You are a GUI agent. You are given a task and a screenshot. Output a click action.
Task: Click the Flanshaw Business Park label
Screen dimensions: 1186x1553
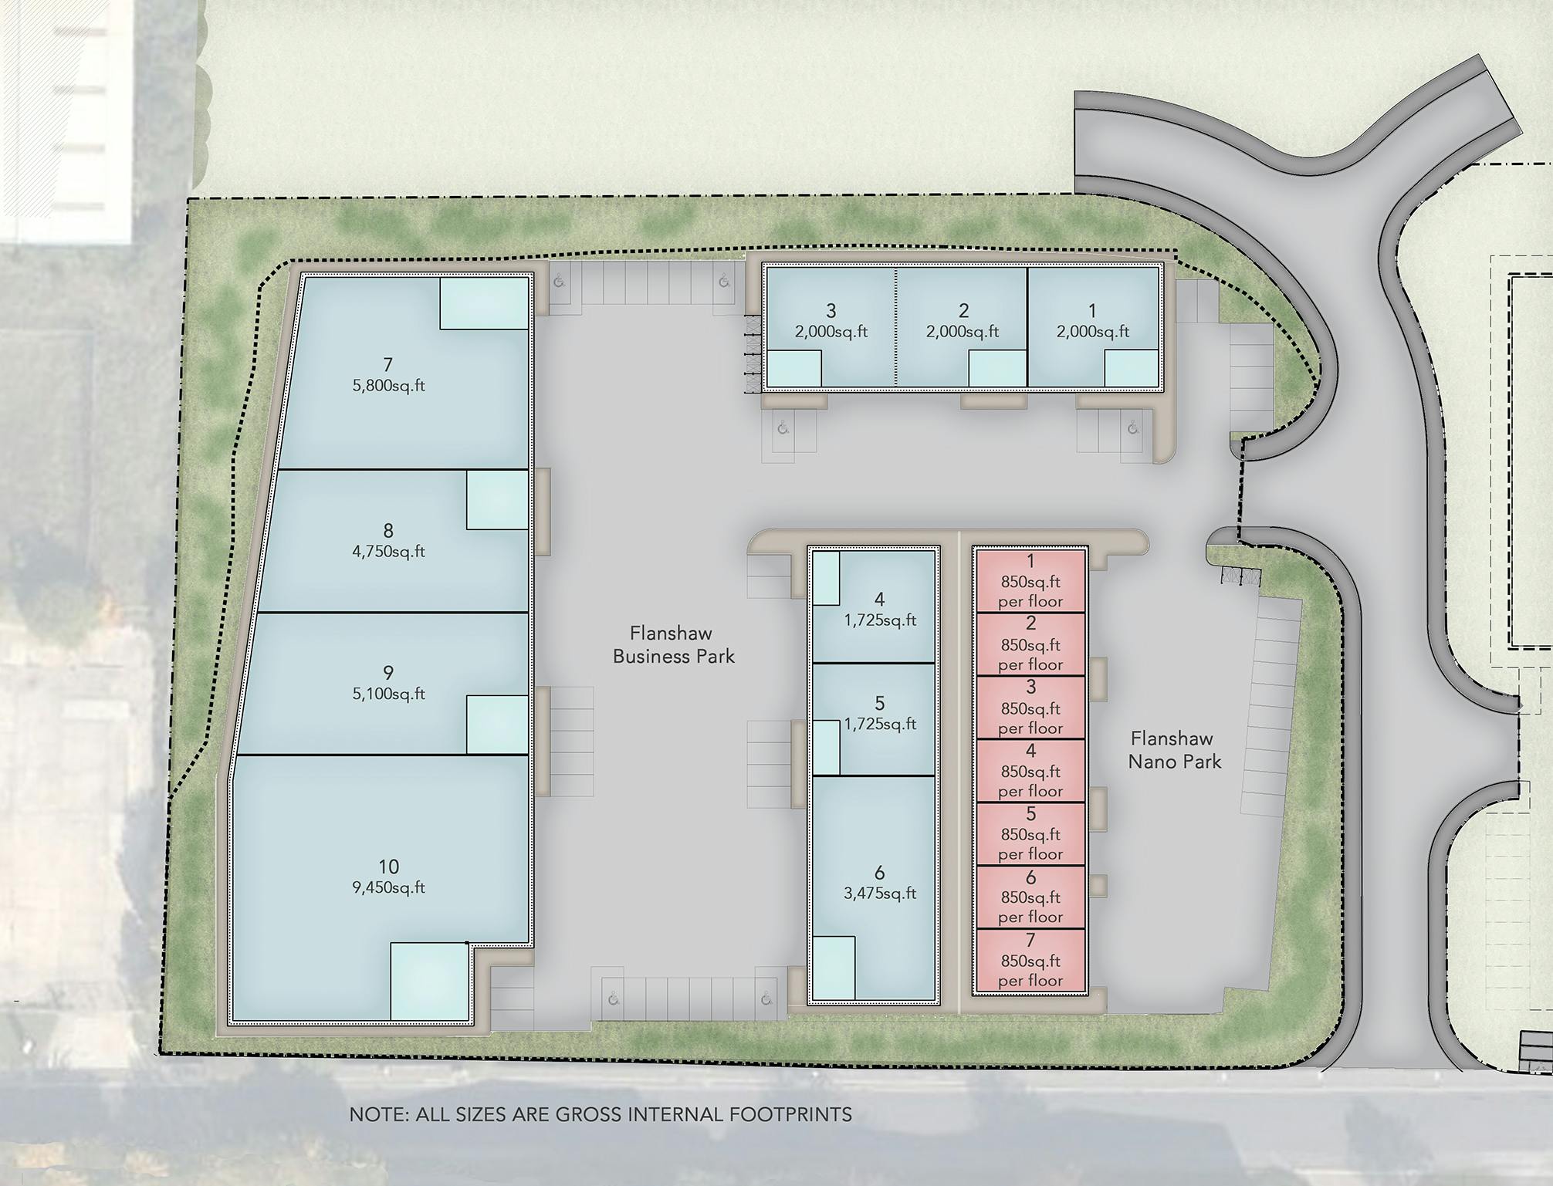coord(673,645)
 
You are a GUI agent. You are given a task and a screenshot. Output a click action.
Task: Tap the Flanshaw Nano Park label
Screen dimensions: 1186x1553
coord(1174,751)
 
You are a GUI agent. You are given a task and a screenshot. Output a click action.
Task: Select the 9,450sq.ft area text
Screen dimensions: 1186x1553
coord(388,888)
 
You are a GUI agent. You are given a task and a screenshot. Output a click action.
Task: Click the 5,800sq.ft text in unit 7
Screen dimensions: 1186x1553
coord(388,386)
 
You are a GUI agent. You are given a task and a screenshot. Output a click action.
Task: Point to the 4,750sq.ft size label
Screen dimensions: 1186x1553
coord(388,552)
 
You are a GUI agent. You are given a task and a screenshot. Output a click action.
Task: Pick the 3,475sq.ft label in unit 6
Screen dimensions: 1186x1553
coord(880,894)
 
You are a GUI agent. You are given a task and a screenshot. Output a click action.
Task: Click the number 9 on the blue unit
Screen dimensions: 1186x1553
coord(388,673)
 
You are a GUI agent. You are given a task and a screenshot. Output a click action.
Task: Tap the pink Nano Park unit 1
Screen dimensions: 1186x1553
coord(1030,580)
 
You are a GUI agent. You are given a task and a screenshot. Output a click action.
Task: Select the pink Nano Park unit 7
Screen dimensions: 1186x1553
coord(1030,960)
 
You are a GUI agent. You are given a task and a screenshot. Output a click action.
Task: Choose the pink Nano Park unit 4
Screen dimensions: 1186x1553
coord(1030,770)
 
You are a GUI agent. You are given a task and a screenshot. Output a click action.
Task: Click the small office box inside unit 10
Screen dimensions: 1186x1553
coord(430,982)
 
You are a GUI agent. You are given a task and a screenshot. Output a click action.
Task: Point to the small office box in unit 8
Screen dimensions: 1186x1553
coord(497,500)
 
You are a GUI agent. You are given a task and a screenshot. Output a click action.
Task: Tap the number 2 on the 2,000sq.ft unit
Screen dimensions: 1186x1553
coord(963,311)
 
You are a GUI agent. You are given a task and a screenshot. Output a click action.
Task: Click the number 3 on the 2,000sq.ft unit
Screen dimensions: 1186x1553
coord(831,311)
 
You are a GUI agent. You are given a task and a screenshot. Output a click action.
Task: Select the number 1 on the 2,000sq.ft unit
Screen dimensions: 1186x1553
coord(1092,311)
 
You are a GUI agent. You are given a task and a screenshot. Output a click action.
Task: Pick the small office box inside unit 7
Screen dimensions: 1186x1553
coord(484,303)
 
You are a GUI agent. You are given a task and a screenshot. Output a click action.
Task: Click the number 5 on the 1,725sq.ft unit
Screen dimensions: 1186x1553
coord(879,704)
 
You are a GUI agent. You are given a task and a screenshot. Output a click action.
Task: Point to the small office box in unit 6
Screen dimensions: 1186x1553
coord(833,968)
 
